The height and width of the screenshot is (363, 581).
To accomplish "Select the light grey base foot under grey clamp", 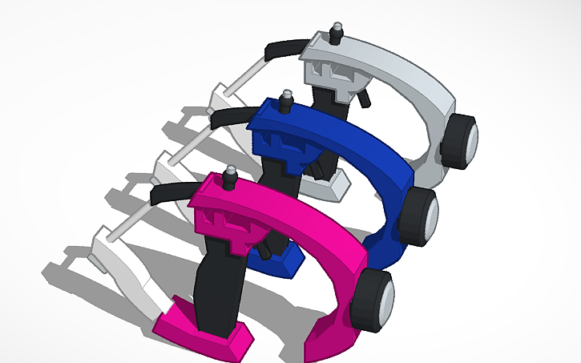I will [x=337, y=188].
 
